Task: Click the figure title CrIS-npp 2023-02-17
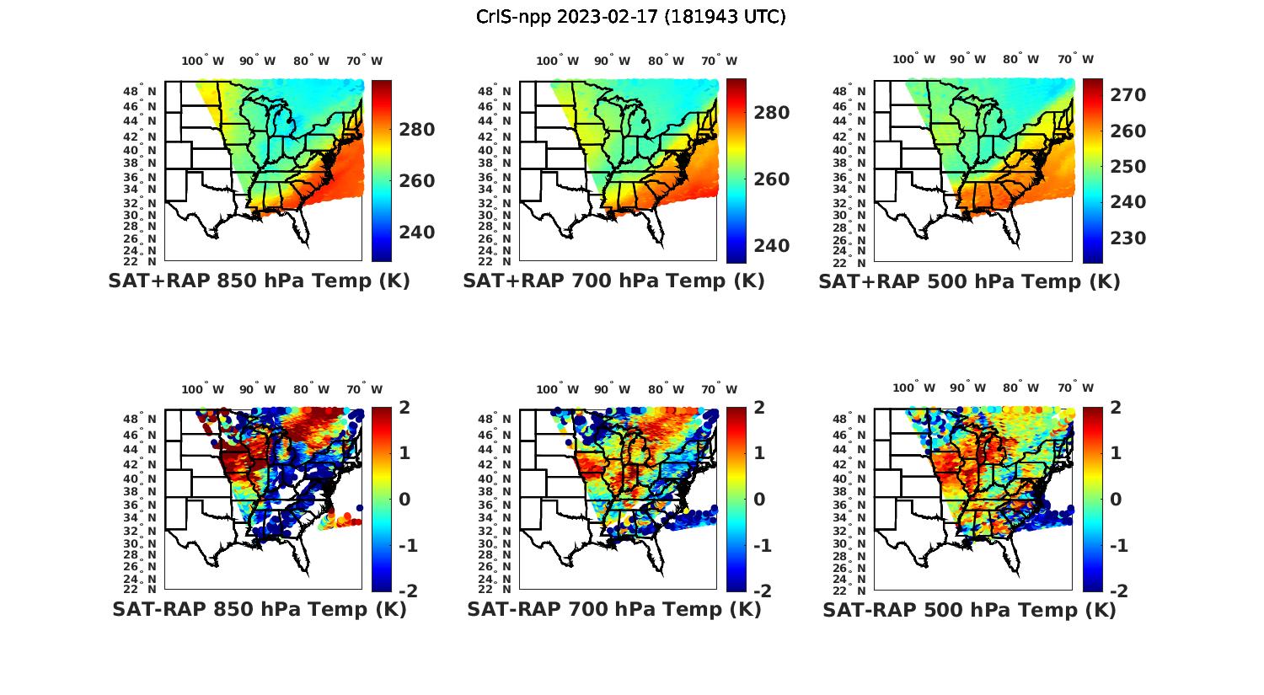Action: tap(631, 16)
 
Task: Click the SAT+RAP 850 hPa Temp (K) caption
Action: tap(259, 281)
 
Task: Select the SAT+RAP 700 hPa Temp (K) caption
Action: tap(613, 281)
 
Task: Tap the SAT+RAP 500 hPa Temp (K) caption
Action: tap(969, 282)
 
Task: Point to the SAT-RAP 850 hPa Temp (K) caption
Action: tap(259, 610)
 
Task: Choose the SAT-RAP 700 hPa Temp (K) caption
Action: tap(613, 610)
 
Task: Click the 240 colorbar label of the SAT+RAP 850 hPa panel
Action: tap(416, 233)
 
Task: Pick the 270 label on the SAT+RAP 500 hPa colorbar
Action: tap(1127, 95)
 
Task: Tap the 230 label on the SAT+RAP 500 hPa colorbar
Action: tap(1127, 238)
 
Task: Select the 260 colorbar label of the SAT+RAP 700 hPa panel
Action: tap(771, 179)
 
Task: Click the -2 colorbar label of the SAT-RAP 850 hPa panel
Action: tap(406, 591)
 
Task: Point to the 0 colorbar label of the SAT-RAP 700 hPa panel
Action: tap(759, 499)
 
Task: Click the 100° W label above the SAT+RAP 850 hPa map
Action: tap(202, 61)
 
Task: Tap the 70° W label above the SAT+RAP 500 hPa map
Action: tap(1075, 59)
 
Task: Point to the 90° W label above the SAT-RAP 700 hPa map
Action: tap(611, 389)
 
